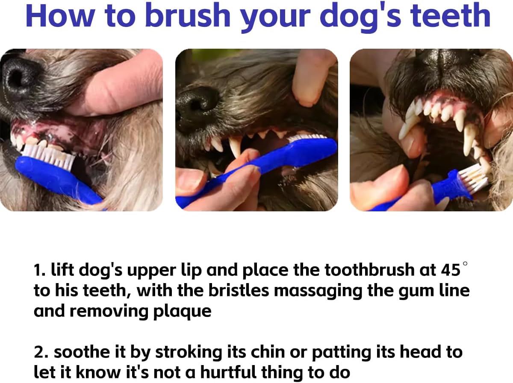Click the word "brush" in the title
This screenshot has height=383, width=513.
pos(188,15)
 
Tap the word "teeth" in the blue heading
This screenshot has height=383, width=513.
pos(450,15)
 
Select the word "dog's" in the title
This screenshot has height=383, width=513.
pos(360,18)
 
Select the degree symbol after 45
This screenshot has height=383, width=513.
pos(465,263)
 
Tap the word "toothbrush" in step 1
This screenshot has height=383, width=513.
pos(369,269)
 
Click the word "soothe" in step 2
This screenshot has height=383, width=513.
pos(82,352)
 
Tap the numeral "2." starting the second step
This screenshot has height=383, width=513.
pos(41,352)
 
